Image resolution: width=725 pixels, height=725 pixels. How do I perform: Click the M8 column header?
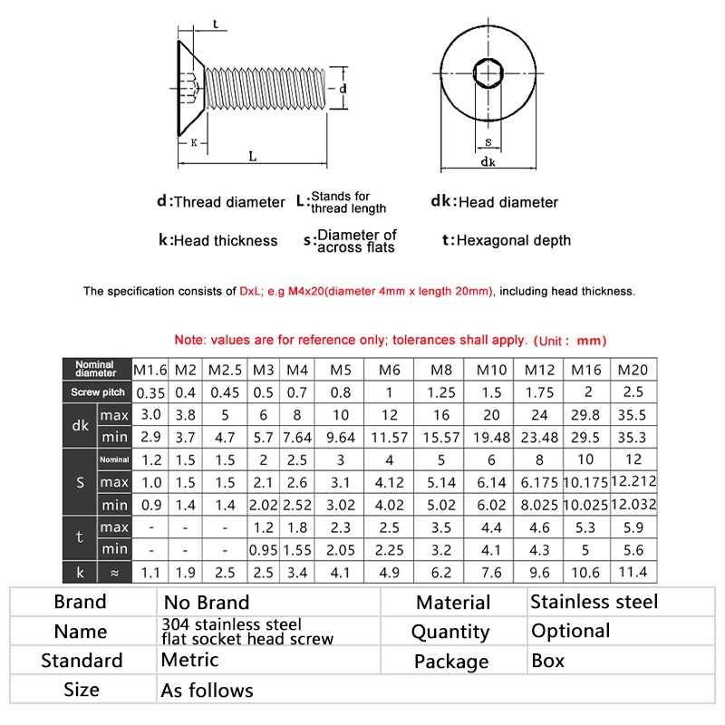(439, 370)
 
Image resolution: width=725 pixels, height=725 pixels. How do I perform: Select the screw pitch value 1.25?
(439, 392)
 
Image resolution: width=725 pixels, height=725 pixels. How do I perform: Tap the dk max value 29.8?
(585, 415)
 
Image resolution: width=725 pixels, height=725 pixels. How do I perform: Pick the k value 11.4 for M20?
(632, 572)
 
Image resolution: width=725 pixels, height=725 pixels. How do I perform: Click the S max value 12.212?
(632, 482)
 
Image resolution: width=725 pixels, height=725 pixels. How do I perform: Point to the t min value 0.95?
(264, 549)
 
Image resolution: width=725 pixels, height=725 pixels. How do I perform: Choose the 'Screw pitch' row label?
(97, 392)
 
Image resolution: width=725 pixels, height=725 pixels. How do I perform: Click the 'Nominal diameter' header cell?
(95, 369)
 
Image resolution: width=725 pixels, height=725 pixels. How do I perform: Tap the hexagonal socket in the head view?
(488, 69)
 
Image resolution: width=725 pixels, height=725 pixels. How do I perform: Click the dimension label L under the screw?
(253, 157)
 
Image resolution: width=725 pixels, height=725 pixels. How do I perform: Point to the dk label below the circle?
(488, 162)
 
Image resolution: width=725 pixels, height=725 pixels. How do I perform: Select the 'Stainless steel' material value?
(594, 601)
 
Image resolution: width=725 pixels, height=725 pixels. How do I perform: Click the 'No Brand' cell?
(206, 602)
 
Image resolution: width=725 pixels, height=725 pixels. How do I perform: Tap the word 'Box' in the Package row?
(548, 660)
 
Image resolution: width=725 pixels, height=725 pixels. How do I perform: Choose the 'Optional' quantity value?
(571, 631)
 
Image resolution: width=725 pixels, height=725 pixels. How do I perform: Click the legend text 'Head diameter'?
(508, 202)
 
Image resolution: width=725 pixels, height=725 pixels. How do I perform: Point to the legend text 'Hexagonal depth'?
(514, 240)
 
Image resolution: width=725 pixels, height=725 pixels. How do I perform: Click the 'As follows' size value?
(207, 691)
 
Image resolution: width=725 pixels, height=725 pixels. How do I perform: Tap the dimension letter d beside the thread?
(343, 89)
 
